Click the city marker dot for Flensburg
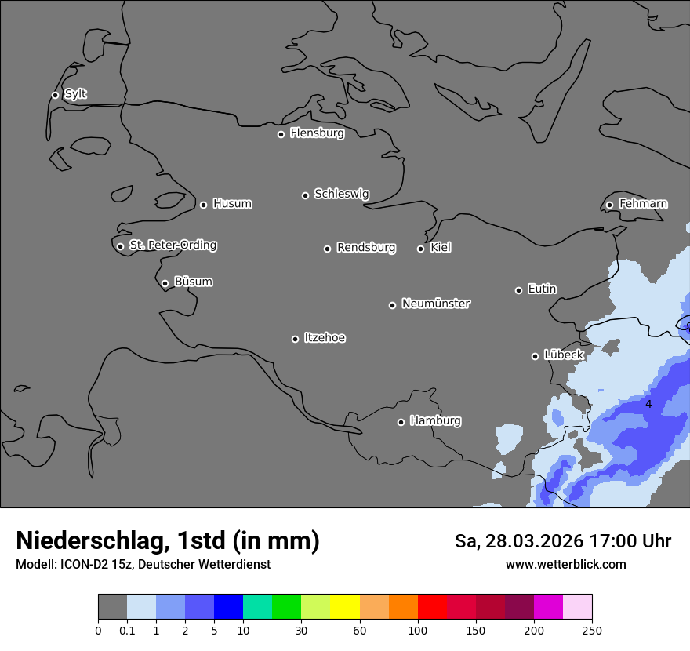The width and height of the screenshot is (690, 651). click(281, 134)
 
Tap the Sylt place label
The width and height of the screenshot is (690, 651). click(75, 94)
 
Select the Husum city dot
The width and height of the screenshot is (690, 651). click(203, 205)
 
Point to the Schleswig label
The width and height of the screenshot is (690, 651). click(341, 194)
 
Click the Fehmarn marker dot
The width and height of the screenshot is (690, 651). click(609, 205)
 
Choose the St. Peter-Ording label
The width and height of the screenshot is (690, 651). click(172, 245)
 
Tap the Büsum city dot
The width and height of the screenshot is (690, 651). click(165, 283)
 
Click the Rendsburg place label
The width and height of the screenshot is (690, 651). click(365, 248)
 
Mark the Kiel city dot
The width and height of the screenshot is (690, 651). click(420, 249)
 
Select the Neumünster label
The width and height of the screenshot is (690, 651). click(436, 304)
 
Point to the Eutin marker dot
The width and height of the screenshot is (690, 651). click(518, 290)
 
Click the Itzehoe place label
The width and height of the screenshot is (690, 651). click(325, 338)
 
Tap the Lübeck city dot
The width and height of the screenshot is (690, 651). click(535, 356)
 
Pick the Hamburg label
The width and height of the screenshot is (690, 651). click(435, 421)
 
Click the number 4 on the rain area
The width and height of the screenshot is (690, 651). click(648, 404)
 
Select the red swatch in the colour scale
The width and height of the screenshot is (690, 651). click(432, 607)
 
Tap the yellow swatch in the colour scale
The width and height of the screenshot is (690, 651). click(345, 607)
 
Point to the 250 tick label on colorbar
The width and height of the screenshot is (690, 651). click(592, 630)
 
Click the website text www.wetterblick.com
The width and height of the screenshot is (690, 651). click(565, 564)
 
